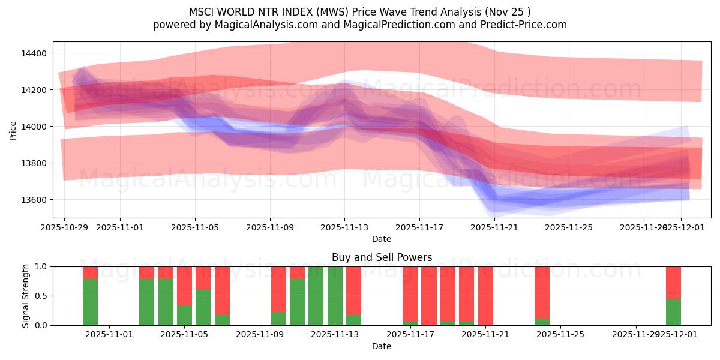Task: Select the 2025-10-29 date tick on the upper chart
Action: click(64, 227)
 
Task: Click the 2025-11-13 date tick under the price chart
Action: click(344, 227)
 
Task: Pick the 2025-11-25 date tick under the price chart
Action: click(569, 227)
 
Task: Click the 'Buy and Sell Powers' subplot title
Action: click(382, 257)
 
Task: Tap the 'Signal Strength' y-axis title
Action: click(25, 296)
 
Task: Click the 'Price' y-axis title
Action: click(13, 130)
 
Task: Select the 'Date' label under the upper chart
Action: click(382, 239)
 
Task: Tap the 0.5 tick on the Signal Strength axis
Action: click(41, 296)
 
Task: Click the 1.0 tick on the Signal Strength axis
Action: click(41, 266)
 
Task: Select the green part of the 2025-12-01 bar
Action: click(673, 312)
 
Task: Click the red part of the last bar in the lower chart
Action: click(673, 282)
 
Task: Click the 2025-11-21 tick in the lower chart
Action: click(485, 335)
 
